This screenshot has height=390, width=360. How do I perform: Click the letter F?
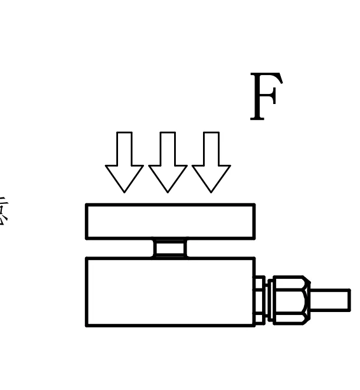(x=266, y=97)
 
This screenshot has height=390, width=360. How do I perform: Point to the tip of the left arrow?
(x=124, y=191)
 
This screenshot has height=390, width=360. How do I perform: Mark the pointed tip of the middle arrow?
(x=168, y=191)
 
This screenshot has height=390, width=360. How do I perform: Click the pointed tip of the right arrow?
(x=211, y=191)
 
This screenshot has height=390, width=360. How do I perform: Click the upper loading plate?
(x=170, y=222)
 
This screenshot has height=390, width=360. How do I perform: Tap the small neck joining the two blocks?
(x=170, y=248)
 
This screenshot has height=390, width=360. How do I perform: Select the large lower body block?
(x=170, y=291)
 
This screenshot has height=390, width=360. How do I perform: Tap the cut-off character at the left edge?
(x=3, y=212)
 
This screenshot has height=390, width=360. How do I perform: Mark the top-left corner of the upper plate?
(x=87, y=206)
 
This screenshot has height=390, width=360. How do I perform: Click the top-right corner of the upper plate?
(x=254, y=206)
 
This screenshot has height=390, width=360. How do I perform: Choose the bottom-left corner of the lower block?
(x=87, y=324)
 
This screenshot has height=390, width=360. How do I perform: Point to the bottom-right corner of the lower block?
(x=254, y=324)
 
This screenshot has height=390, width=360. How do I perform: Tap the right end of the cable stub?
(x=349, y=300)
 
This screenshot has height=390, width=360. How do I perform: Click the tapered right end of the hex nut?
(x=307, y=300)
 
